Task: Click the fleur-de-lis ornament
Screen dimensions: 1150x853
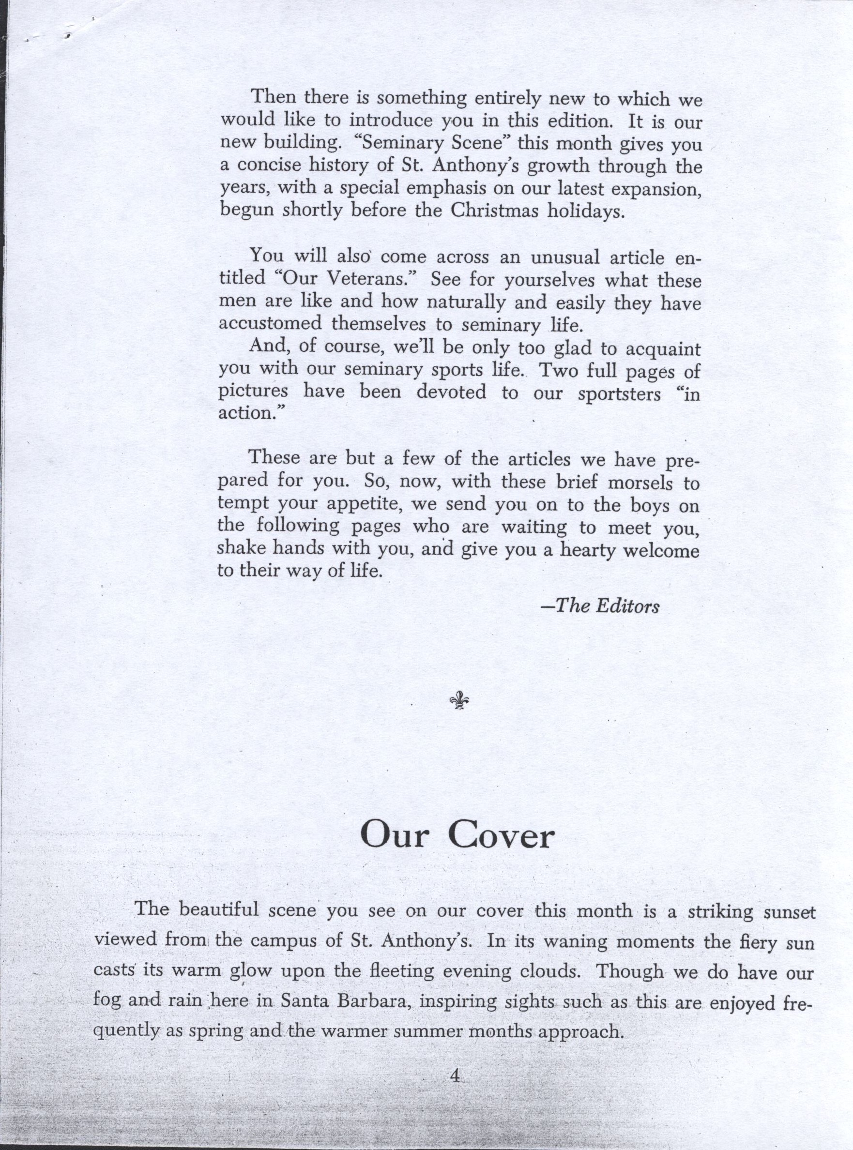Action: (457, 701)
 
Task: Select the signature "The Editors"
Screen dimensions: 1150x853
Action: (599, 606)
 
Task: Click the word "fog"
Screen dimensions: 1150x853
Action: (107, 1002)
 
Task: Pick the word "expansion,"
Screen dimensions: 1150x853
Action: (656, 189)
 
